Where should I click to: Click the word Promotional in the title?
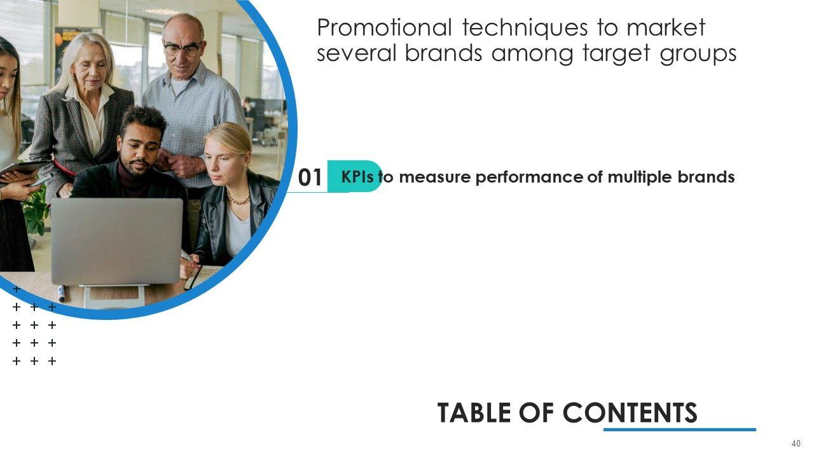(x=385, y=28)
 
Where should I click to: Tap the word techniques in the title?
(x=525, y=28)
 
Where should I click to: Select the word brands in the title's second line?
(x=443, y=53)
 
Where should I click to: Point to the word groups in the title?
(x=698, y=55)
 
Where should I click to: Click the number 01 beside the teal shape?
(x=310, y=177)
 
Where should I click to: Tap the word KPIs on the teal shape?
(x=357, y=177)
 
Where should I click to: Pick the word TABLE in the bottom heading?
(x=475, y=413)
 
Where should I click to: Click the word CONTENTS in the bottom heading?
(x=630, y=413)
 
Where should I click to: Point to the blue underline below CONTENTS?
(x=680, y=429)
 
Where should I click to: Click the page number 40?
(x=796, y=443)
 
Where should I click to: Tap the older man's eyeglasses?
(x=183, y=48)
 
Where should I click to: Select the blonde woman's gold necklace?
(x=238, y=197)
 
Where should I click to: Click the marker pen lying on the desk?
(x=62, y=293)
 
